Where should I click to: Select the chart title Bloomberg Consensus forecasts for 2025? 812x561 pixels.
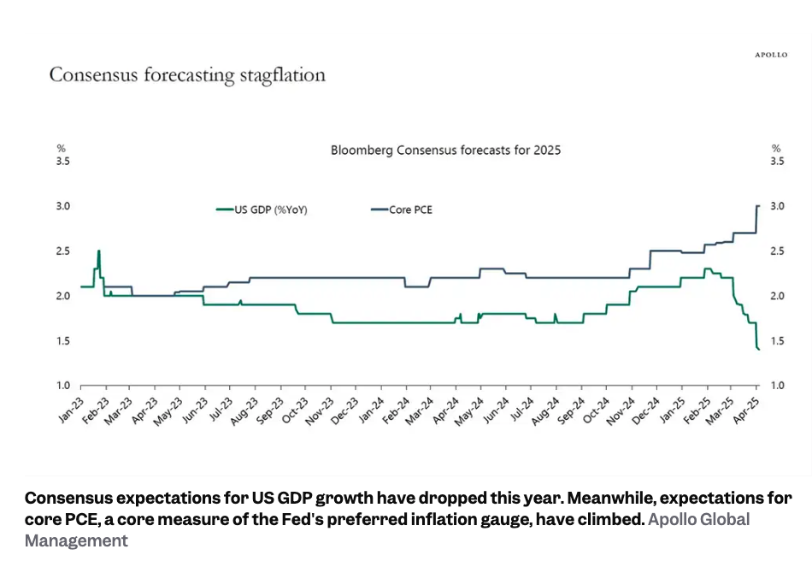[x=445, y=151]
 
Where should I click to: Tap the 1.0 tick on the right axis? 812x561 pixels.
[x=779, y=386]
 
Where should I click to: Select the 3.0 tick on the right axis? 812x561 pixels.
[x=779, y=206]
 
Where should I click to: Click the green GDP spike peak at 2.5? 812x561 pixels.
[x=99, y=251]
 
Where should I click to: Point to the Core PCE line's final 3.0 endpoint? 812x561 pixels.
[x=759, y=206]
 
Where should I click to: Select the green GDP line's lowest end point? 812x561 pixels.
[x=759, y=349]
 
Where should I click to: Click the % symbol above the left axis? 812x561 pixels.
[x=61, y=148]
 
